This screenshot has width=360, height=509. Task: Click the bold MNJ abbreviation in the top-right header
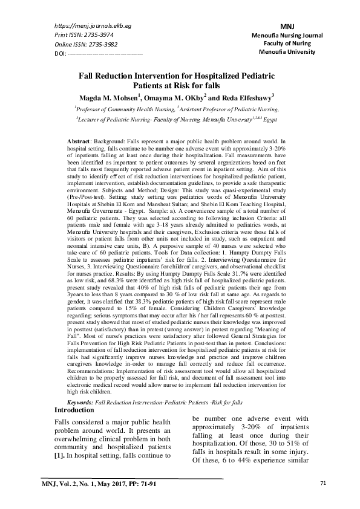(x=287, y=27)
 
